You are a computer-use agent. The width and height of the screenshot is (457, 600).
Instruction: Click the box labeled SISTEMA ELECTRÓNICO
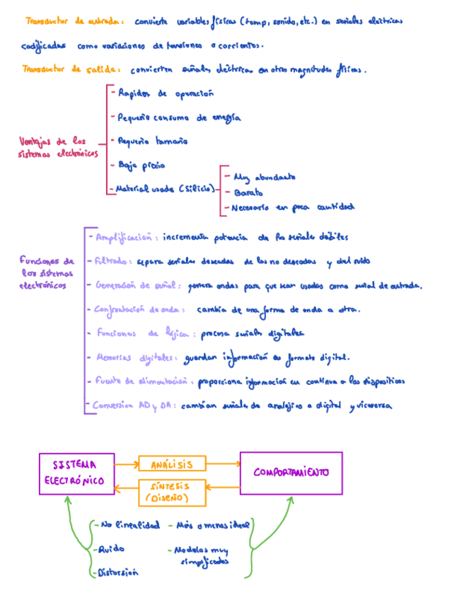click(x=77, y=473)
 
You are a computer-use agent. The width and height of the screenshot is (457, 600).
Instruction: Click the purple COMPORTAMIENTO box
click(x=291, y=473)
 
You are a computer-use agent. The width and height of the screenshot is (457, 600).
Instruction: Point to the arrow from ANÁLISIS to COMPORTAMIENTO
click(x=224, y=464)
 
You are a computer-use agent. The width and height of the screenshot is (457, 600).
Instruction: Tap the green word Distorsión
click(x=117, y=572)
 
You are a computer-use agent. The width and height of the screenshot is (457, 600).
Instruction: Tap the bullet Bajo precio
click(x=141, y=165)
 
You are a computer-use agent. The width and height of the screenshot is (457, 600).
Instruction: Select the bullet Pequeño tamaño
click(x=152, y=141)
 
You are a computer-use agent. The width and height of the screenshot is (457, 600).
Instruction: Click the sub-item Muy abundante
click(x=263, y=177)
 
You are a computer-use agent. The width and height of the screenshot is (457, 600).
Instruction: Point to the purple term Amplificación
click(x=127, y=237)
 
